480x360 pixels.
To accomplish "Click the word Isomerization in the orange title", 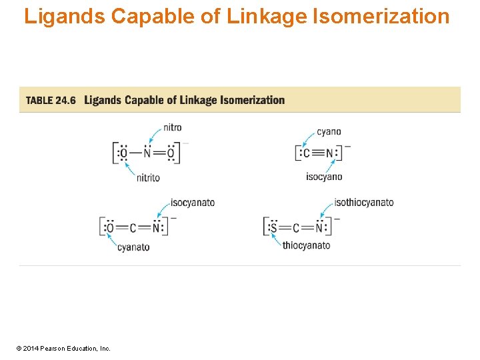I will tap(381, 16).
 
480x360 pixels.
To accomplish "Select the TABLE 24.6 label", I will tap(51, 101).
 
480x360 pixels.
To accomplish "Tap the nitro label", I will tap(172, 127).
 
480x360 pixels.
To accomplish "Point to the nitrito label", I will tap(148, 178).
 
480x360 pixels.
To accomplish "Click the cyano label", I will tap(329, 131).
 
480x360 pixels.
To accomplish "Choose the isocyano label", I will tap(324, 177).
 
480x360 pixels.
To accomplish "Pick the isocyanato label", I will tap(193, 203).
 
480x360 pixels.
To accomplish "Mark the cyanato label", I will tap(133, 247).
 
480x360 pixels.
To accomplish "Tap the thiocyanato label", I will tap(306, 245).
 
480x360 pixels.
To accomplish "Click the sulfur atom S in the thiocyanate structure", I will tap(273, 228).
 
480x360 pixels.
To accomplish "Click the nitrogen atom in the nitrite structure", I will tap(147, 154).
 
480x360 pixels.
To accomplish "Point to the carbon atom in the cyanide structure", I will tap(306, 153).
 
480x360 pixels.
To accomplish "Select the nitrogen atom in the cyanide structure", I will tap(329, 153).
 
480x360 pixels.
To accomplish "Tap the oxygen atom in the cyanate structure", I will tap(110, 228).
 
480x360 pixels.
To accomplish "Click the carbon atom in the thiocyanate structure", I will tap(296, 228).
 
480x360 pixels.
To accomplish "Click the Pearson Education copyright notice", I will tap(63, 349).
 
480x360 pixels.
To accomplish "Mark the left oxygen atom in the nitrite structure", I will tap(123, 154).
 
